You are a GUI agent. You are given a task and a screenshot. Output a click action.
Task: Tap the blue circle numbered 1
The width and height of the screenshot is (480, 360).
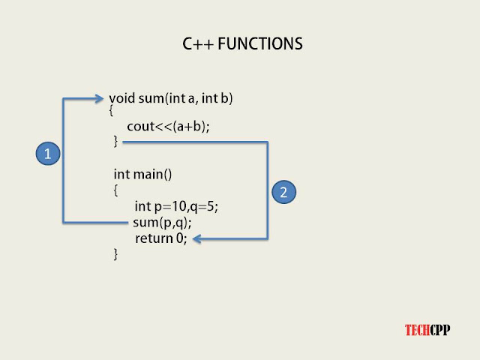(x=47, y=154)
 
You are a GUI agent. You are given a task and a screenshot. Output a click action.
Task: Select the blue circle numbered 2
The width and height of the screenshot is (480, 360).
(x=283, y=192)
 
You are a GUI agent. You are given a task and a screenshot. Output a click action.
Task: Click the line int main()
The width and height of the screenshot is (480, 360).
(x=142, y=175)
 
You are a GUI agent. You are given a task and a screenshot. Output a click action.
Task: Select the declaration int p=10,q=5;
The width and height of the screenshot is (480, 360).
(x=176, y=206)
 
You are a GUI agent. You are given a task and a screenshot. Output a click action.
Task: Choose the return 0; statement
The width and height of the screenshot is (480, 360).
(x=160, y=238)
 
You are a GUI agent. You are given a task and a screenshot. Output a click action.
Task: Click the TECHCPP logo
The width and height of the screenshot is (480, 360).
(x=427, y=329)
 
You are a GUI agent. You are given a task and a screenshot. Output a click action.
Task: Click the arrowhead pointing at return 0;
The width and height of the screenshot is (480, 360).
(x=196, y=239)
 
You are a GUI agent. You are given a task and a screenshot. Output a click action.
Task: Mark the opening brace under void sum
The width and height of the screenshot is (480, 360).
(x=111, y=111)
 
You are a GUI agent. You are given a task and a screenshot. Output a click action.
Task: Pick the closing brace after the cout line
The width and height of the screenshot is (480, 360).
(x=115, y=141)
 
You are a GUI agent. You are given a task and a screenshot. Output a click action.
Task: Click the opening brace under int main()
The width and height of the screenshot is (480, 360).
(x=115, y=190)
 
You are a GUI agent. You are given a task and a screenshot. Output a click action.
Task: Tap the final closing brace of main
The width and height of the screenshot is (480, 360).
(x=115, y=255)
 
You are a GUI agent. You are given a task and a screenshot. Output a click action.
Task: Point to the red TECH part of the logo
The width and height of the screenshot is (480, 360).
(x=416, y=329)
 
